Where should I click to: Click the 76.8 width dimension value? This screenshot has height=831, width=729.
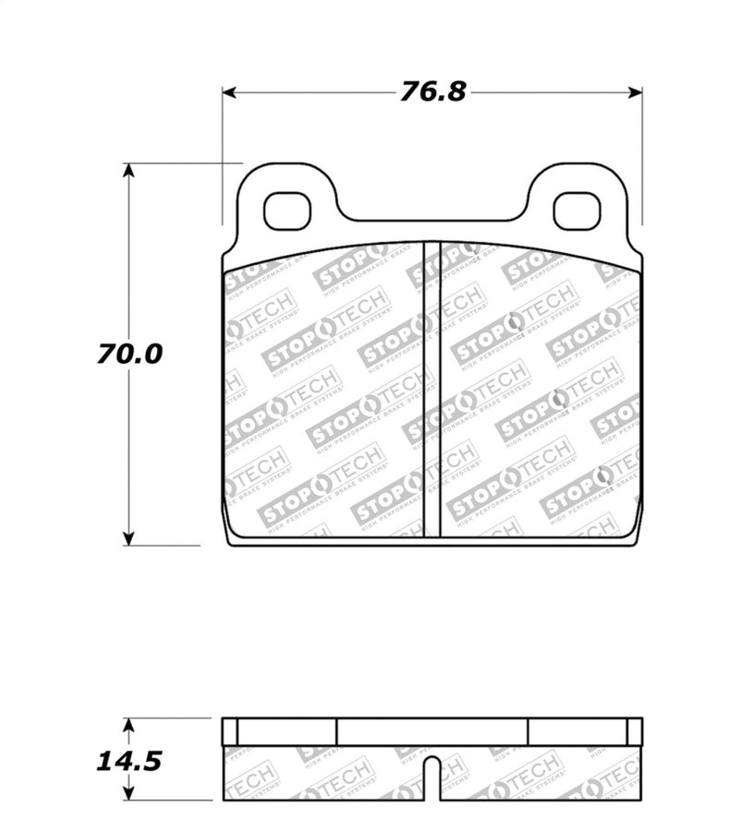tap(432, 92)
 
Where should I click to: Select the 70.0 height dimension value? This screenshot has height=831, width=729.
tap(128, 354)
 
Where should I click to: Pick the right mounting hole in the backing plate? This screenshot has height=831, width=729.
tap(577, 211)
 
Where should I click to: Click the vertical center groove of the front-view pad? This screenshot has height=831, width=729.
tap(431, 388)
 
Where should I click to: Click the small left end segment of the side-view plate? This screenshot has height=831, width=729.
tap(230, 731)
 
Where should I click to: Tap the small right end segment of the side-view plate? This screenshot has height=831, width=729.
tap(634, 731)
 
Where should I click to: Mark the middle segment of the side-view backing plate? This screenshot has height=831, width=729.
tap(431, 731)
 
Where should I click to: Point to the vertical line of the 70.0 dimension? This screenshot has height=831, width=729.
tap(129, 277)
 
